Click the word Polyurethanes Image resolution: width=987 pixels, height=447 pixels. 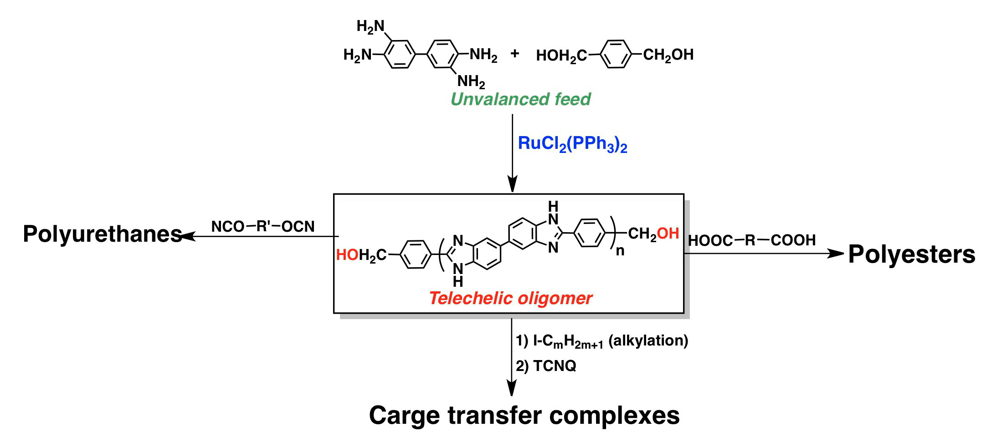102,234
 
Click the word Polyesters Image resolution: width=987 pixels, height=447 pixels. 911,254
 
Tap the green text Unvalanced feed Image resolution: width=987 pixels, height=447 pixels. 520,99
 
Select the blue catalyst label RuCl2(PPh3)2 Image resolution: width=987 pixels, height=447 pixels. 572,144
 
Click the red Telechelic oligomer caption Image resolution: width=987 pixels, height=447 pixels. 510,299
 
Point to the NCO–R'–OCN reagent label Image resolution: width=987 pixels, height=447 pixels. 263,226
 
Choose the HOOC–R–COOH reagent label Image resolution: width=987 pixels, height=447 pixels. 751,240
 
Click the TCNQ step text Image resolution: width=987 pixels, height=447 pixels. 555,366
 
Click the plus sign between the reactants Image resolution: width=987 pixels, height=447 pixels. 515,54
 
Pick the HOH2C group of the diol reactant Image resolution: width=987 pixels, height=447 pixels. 561,56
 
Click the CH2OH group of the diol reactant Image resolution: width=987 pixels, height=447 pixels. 668,55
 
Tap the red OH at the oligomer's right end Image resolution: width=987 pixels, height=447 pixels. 668,234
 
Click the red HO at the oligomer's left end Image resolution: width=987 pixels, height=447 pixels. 347,255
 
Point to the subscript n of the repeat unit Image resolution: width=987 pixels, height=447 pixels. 620,251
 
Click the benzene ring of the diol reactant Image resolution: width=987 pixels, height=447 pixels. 616,55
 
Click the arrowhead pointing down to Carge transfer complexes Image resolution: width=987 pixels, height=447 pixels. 512,389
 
